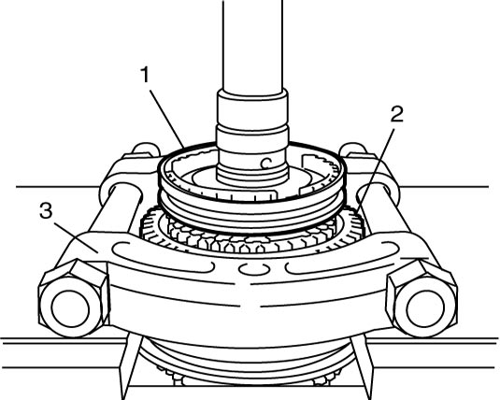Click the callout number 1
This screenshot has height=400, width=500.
click(x=145, y=75)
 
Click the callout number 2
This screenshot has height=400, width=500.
click(x=397, y=115)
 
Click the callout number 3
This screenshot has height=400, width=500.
click(x=46, y=210)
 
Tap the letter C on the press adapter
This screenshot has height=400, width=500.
click(x=265, y=164)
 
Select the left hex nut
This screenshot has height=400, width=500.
click(x=74, y=297)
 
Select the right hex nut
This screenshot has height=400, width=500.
click(x=421, y=298)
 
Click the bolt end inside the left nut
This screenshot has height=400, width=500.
click(x=70, y=308)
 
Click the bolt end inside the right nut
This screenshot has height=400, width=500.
click(x=425, y=308)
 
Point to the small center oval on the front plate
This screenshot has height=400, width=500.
click(x=254, y=268)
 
